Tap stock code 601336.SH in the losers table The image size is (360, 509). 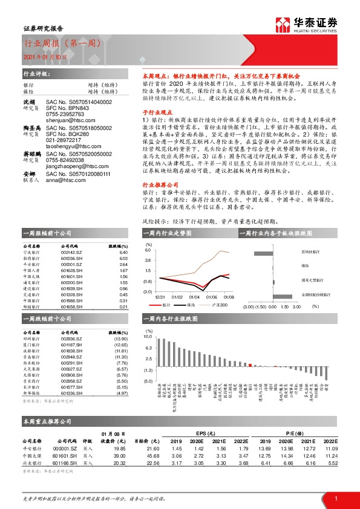point(72,393)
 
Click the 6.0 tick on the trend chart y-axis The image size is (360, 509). point(148,250)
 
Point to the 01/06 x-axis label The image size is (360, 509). point(194,297)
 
